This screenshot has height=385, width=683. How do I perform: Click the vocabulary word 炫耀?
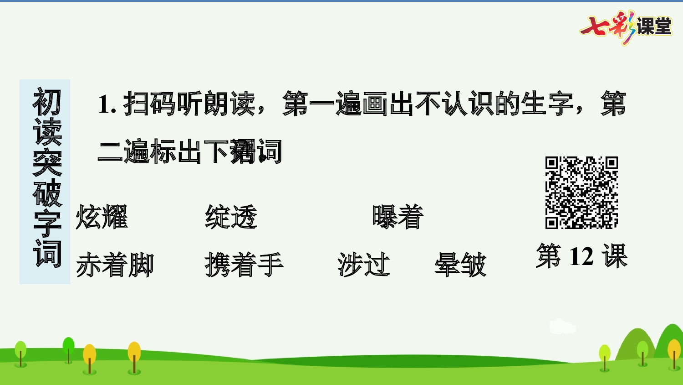tap(102, 217)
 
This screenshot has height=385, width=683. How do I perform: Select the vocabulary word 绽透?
tap(231, 217)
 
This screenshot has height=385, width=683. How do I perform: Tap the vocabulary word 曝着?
tap(398, 217)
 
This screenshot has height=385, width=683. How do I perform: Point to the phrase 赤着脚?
tap(115, 265)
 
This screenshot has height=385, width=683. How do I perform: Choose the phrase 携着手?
tap(244, 265)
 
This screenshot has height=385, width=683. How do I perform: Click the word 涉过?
tap(364, 265)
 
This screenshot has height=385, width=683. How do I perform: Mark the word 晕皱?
tap(460, 265)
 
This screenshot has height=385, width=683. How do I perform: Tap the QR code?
tap(581, 192)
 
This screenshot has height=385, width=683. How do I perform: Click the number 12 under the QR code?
tap(581, 256)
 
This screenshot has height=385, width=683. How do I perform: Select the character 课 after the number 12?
tap(615, 256)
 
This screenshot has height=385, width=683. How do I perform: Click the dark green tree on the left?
tap(69, 348)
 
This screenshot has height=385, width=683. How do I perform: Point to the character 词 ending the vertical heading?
tap(47, 253)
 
